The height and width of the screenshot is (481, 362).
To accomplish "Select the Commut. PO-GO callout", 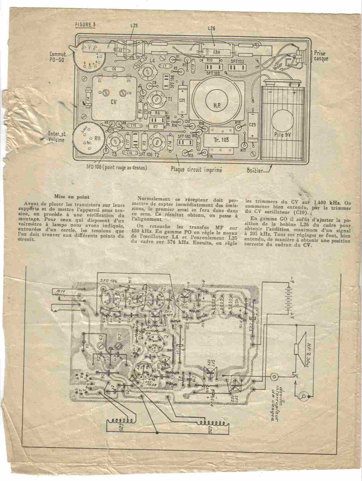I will pyautogui.click(x=59, y=56).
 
